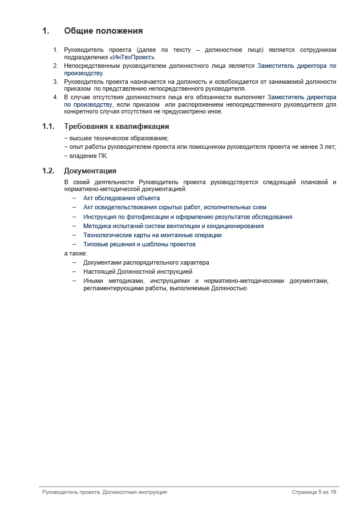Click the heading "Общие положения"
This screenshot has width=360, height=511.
click(x=103, y=31)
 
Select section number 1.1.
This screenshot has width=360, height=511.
click(x=48, y=127)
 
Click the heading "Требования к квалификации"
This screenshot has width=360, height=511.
click(x=116, y=127)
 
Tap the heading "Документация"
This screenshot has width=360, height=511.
click(x=90, y=171)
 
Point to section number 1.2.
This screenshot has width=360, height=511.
click(x=48, y=171)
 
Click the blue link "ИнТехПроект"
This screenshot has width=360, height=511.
click(x=132, y=57)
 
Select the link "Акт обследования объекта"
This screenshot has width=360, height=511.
click(x=122, y=198)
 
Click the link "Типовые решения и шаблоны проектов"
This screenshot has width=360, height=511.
click(x=139, y=244)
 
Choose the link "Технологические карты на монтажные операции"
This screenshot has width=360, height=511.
click(x=152, y=235)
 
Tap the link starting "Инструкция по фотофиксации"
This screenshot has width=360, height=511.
click(x=188, y=217)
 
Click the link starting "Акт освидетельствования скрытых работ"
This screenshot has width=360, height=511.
click(x=175, y=208)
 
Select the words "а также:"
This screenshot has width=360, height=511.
click(x=75, y=253)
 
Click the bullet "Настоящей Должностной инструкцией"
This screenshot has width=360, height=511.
click(x=137, y=271)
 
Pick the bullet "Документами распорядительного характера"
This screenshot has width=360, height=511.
click(x=146, y=262)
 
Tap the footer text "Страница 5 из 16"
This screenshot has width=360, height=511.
click(x=314, y=492)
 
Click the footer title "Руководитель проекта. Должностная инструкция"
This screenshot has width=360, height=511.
click(x=104, y=492)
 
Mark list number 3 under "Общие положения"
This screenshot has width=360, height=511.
click(x=56, y=82)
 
